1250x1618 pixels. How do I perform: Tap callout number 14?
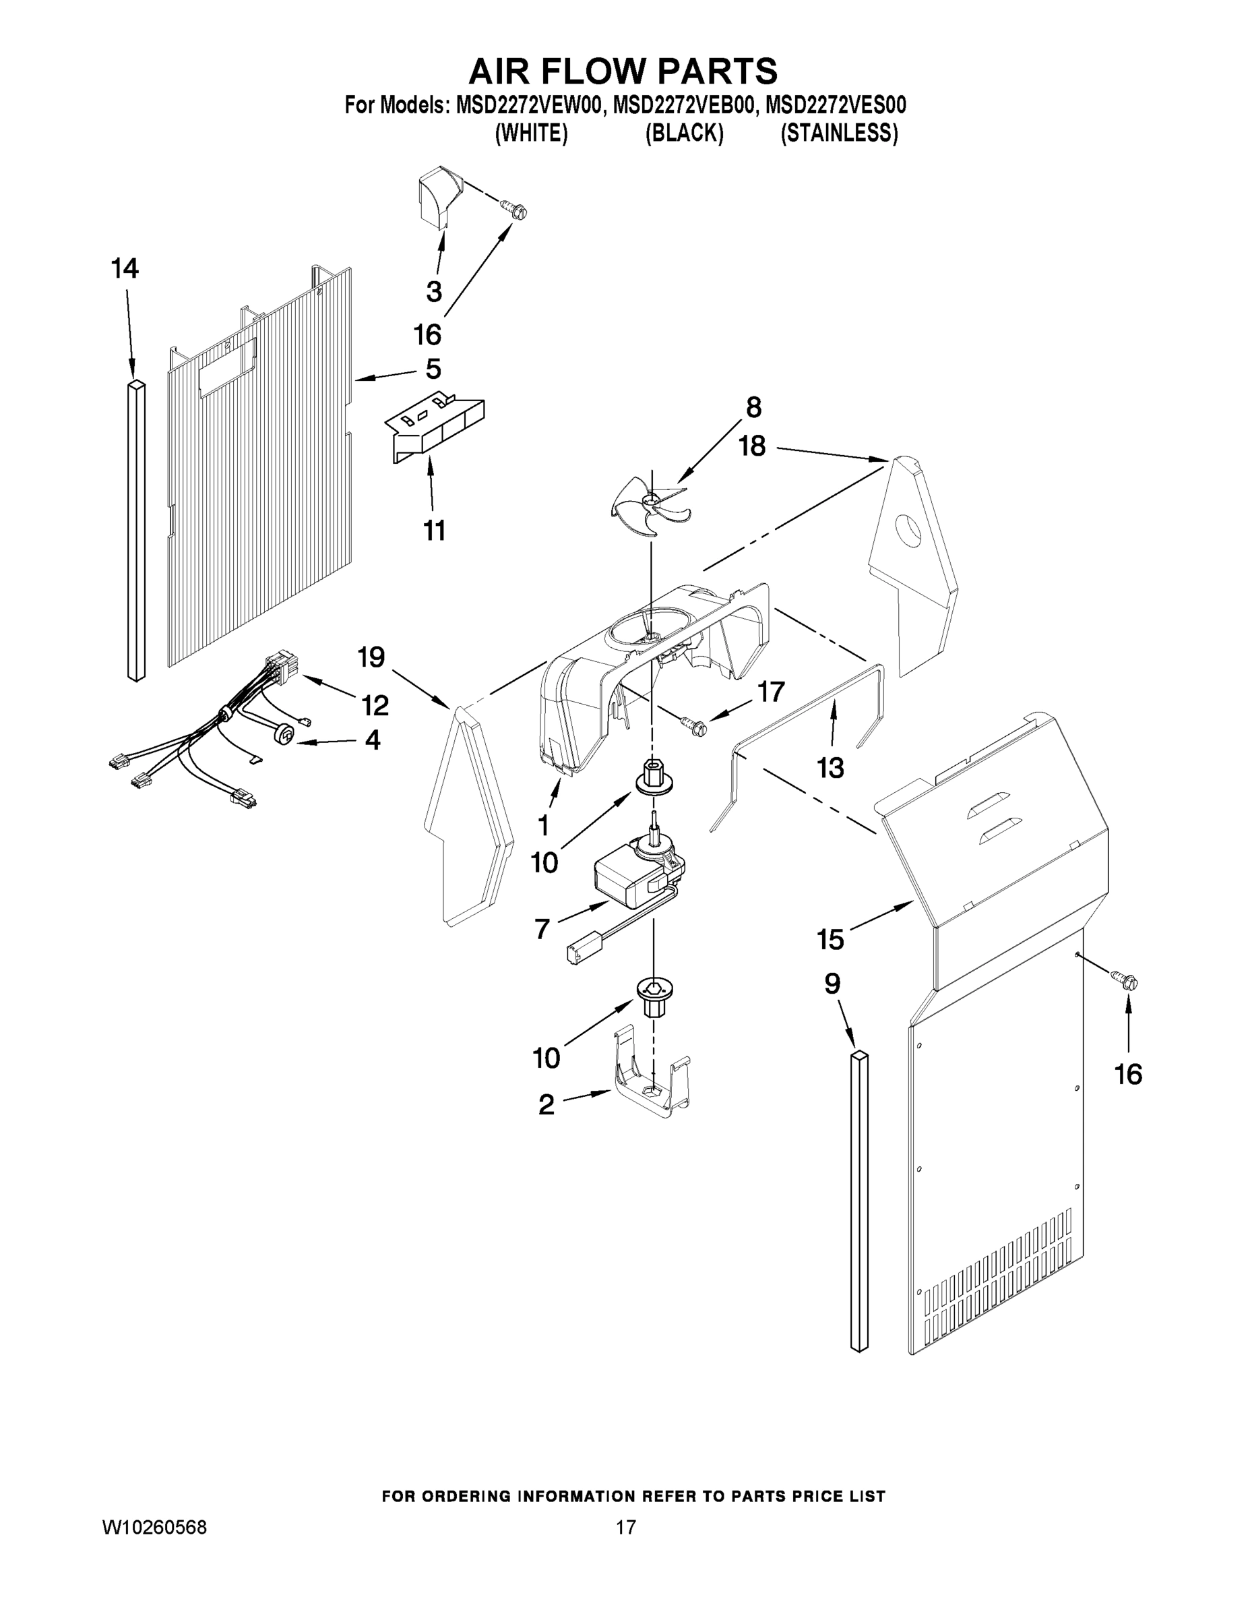125,269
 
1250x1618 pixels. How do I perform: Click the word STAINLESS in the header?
839,133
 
